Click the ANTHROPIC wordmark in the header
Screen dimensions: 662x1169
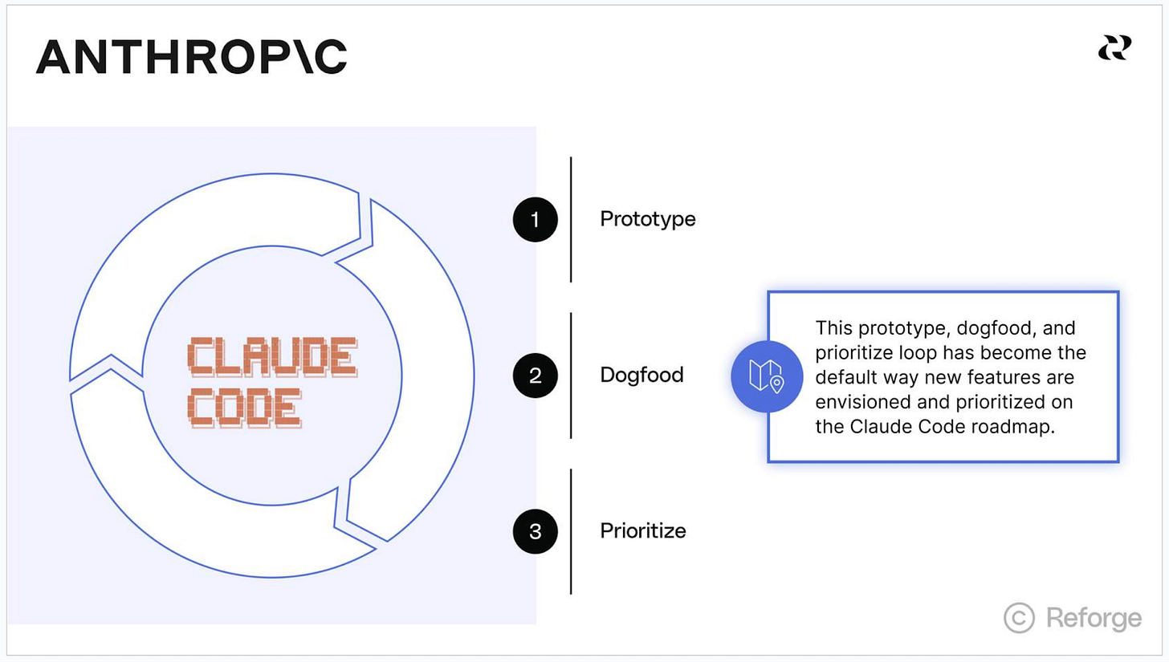pyautogui.click(x=191, y=57)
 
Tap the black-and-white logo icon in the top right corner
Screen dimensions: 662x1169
pyautogui.click(x=1114, y=48)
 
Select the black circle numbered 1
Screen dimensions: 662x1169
pyautogui.click(x=536, y=219)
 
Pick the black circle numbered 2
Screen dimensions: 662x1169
pyautogui.click(x=536, y=376)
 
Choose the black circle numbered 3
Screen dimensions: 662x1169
pyautogui.click(x=536, y=531)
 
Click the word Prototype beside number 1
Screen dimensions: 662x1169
pyautogui.click(x=648, y=219)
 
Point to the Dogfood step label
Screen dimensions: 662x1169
pyautogui.click(x=642, y=376)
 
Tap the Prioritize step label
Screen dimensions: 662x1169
pyautogui.click(x=643, y=531)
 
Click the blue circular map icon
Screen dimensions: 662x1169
pyautogui.click(x=767, y=376)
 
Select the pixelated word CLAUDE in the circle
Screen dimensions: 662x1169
pyautogui.click(x=272, y=357)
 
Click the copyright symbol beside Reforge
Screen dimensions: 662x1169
pyautogui.click(x=1020, y=618)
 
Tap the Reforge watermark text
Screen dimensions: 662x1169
pyautogui.click(x=1094, y=618)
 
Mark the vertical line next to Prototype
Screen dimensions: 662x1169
pyautogui.click(x=571, y=219)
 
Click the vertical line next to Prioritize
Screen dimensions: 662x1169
pyautogui.click(x=571, y=531)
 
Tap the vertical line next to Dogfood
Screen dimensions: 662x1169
pyautogui.click(x=571, y=376)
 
